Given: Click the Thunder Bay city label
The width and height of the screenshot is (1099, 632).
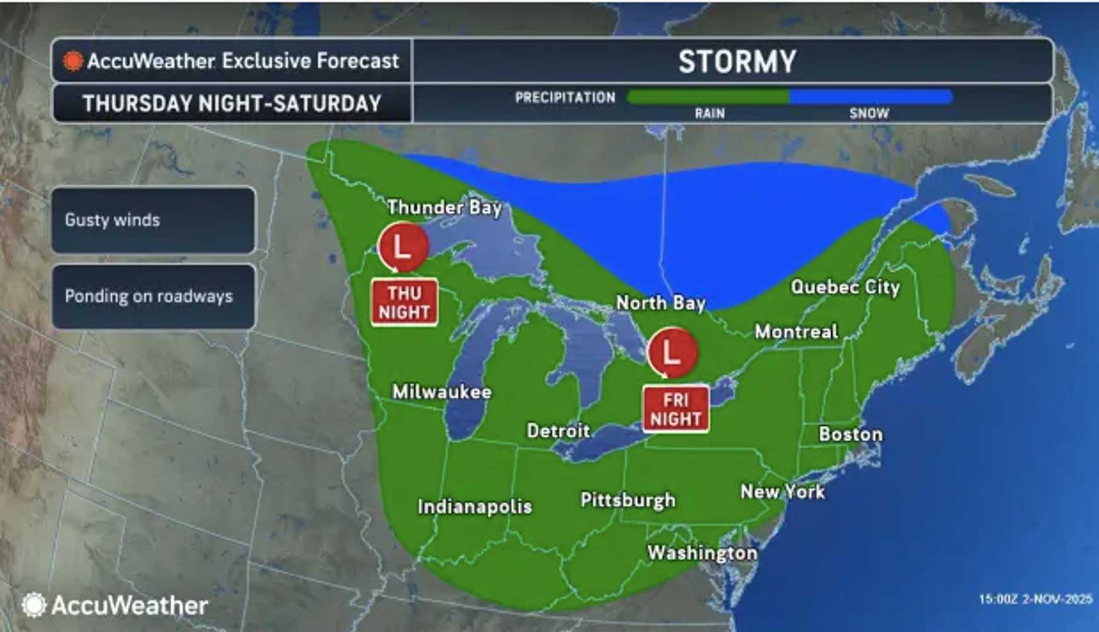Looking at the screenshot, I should tap(444, 207).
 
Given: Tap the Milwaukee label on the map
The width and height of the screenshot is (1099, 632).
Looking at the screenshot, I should tap(441, 392).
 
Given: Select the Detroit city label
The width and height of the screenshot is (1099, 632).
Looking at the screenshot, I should tap(558, 431).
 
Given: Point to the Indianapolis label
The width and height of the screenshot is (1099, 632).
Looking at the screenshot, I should tap(474, 507).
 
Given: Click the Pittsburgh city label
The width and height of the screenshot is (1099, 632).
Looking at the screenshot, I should tap(628, 501).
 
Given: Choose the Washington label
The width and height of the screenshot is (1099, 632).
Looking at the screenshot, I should tap(702, 553).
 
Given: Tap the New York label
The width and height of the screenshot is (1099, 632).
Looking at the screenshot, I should tap(783, 492).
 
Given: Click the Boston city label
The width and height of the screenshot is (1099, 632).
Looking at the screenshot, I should tap(851, 434).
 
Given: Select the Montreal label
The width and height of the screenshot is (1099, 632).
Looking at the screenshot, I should tap(796, 332).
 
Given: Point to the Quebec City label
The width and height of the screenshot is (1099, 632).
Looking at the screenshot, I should tap(845, 287).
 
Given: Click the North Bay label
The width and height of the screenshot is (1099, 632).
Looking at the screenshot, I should tap(661, 303).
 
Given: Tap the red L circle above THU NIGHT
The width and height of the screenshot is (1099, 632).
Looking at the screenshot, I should tap(403, 247).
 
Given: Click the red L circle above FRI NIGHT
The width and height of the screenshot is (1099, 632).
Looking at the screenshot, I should tap(672, 353).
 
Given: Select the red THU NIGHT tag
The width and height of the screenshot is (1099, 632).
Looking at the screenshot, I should tap(404, 303).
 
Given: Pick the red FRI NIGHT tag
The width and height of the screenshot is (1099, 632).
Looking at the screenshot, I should tap(676, 410).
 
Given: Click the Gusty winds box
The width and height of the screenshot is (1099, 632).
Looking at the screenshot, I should tap(153, 220).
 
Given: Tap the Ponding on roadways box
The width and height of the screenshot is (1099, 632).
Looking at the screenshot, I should tap(153, 296).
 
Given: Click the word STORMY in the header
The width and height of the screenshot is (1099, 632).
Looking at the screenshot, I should tap(737, 61).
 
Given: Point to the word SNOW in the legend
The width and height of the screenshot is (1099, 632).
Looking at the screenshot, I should tap(869, 114).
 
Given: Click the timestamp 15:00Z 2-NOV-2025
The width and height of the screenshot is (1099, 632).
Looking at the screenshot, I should tap(1035, 599).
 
